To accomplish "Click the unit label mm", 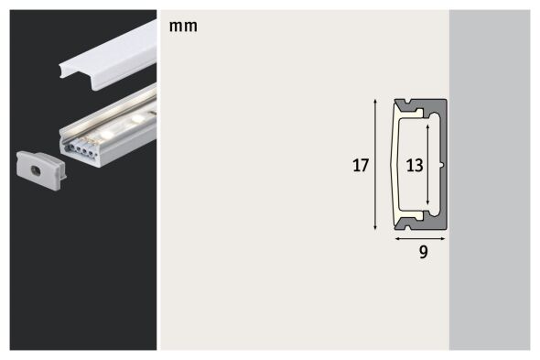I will coord(183,26).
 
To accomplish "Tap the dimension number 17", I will coord(361,166).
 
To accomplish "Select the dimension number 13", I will coord(415,166).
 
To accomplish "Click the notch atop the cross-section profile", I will coord(408,101).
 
